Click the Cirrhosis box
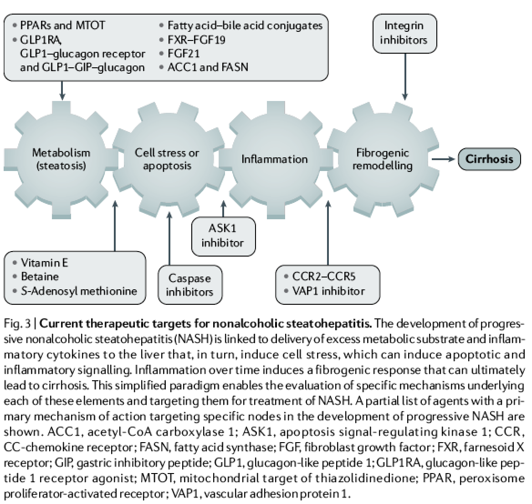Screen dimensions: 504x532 489,159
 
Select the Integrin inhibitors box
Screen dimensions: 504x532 404,33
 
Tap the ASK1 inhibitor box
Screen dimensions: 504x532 223,236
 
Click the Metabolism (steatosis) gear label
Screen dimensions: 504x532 61,159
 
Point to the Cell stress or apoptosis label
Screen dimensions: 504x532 167,159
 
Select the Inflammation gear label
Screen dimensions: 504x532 274,159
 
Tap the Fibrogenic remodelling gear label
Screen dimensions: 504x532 382,159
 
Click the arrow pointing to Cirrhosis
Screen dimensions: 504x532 443,159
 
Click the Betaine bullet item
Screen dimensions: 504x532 40,277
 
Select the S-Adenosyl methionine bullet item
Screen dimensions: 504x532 78,291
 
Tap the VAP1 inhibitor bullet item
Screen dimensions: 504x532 328,291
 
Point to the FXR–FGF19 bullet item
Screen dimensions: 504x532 196,40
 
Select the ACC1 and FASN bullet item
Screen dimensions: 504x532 207,67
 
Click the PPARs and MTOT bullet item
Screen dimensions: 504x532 62,25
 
